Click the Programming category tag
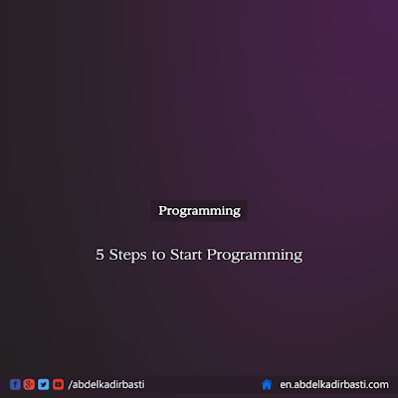coord(199,211)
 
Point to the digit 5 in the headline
coord(99,255)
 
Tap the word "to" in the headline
coord(158,256)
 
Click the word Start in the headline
coord(186,255)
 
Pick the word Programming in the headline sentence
coord(255,256)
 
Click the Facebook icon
coord(15,384)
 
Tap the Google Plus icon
coord(29,384)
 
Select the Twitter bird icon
coord(44,384)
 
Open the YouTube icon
coord(58,384)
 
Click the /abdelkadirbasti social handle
coord(106,384)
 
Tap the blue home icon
coord(267,384)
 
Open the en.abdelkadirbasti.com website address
coord(334,384)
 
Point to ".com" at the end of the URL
coord(376,385)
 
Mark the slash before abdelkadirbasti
coord(70,385)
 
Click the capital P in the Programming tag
coord(162,210)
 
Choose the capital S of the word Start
coord(174,255)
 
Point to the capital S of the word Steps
coord(113,255)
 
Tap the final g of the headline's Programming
coord(298,257)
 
